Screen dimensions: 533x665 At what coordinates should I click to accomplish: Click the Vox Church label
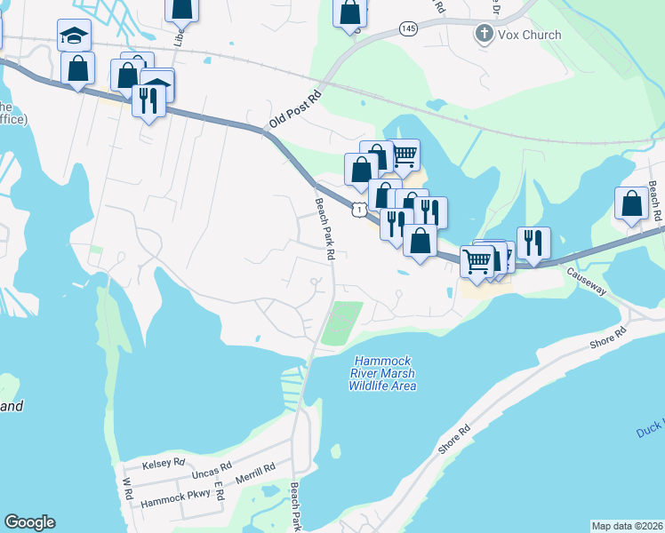pos(529,35)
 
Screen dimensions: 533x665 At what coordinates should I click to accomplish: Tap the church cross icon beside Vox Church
pos(485,35)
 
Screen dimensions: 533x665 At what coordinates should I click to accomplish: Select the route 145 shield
pos(407,29)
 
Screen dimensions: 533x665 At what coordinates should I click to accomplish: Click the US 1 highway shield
pos(357,208)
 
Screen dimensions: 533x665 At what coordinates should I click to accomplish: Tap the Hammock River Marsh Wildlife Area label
pos(383,373)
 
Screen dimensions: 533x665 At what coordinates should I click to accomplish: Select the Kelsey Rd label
pos(165,463)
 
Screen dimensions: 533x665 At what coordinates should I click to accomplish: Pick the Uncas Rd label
pos(212,466)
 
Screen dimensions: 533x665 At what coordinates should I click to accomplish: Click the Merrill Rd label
pos(256,472)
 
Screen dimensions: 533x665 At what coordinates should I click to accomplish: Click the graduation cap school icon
pos(75,35)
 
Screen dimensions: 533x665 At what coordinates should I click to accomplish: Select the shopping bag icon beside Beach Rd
pos(631,203)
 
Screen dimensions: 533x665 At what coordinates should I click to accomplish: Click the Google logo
pos(29,522)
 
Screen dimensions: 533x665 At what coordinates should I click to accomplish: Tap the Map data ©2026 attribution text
pos(627,526)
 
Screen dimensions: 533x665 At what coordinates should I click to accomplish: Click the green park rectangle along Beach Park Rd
pos(342,324)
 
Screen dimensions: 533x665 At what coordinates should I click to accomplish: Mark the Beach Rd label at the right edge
pos(654,202)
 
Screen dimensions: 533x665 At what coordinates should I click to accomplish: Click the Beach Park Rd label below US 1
pos(324,229)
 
